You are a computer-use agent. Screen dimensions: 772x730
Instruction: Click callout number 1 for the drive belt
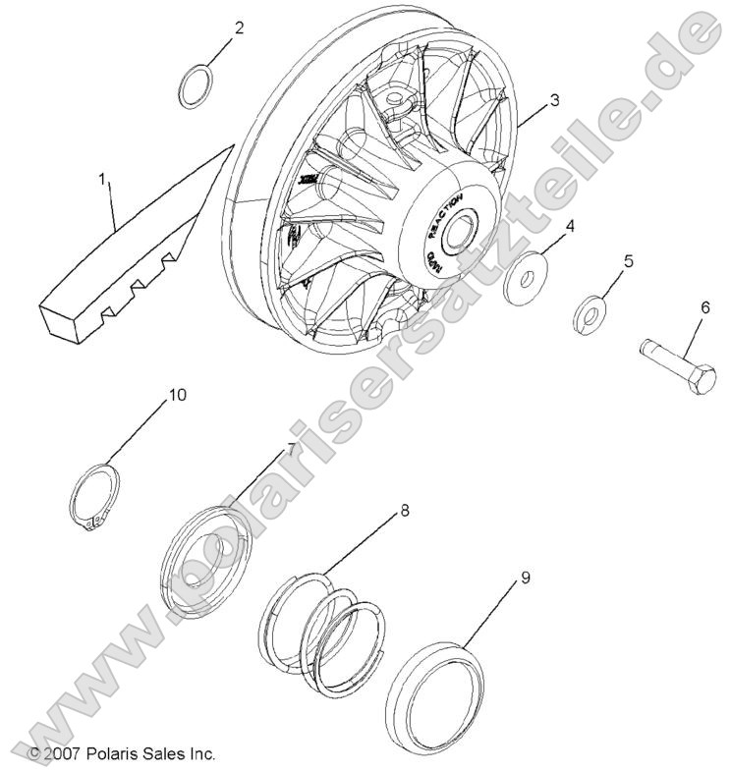click(x=101, y=180)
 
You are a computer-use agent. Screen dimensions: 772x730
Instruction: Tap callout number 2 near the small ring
click(x=239, y=28)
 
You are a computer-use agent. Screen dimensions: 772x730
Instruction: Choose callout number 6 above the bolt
click(x=703, y=307)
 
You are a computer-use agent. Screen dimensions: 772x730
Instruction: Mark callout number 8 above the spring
click(x=405, y=512)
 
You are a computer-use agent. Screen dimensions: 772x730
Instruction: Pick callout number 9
click(x=525, y=578)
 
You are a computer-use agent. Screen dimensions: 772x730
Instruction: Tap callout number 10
click(x=177, y=395)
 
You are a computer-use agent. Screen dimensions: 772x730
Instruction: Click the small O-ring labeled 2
click(x=196, y=84)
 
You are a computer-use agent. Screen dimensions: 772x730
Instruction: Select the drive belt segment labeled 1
click(x=138, y=246)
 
